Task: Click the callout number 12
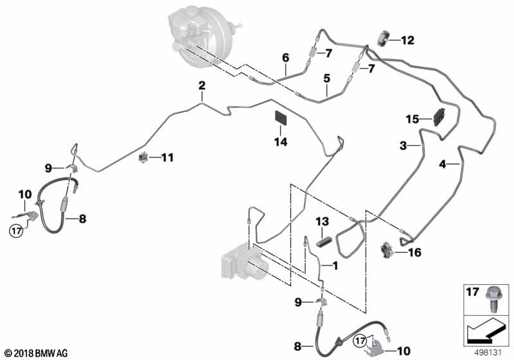(408, 40)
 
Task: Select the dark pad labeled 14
(280, 118)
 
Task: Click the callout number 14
(281, 142)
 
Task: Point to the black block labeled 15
(439, 117)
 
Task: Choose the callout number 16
(414, 253)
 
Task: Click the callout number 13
(323, 221)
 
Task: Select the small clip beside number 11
(143, 157)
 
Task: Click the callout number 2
(202, 85)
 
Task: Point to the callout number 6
(286, 58)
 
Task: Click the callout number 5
(327, 78)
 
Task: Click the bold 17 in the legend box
(473, 291)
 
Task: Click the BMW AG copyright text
(37, 354)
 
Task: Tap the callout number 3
(403, 145)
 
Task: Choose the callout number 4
(443, 164)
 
